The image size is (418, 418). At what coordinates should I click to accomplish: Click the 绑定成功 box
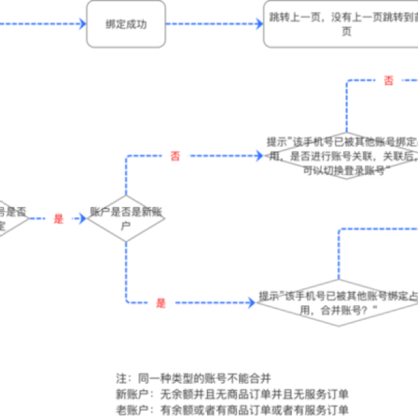[x=126, y=24]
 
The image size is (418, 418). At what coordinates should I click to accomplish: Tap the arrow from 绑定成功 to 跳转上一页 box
[x=212, y=24]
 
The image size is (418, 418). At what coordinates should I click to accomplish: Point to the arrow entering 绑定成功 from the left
[x=42, y=24]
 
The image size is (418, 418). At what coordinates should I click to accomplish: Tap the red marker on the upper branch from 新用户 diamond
[x=175, y=155]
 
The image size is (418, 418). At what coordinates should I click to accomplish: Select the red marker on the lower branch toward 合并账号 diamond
[x=161, y=302]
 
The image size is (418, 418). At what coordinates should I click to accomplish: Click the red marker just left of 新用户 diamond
[x=59, y=219]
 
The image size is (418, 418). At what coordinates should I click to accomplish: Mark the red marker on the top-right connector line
[x=389, y=79]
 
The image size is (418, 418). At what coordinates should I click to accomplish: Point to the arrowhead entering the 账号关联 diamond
[x=259, y=155]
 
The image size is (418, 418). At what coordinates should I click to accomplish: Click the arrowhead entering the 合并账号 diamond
[x=252, y=302]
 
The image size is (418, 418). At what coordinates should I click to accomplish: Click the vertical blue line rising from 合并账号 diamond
[x=339, y=254]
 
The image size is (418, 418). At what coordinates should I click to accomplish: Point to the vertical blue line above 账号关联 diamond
[x=346, y=104]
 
